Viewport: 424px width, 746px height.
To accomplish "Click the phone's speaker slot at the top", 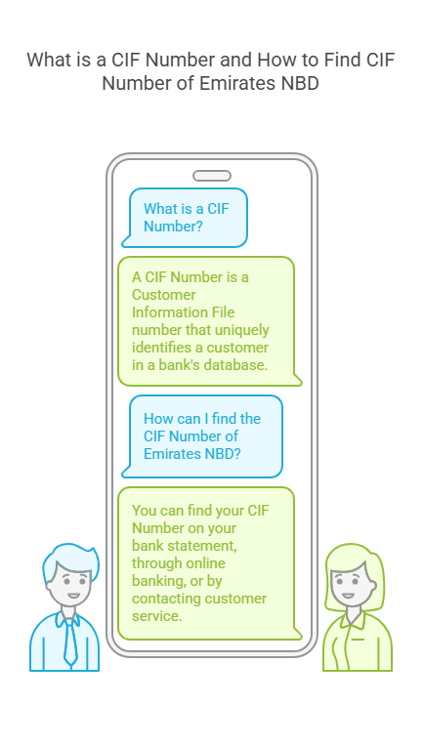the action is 212,176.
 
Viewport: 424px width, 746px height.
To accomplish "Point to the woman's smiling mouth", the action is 348,596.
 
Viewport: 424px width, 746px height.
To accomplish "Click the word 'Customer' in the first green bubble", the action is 164,295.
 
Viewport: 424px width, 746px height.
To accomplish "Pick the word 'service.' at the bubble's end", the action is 157,616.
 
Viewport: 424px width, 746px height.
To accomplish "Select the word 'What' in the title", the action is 46,61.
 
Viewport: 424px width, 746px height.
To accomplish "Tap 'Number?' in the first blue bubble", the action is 173,226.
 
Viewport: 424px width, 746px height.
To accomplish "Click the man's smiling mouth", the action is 73,596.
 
